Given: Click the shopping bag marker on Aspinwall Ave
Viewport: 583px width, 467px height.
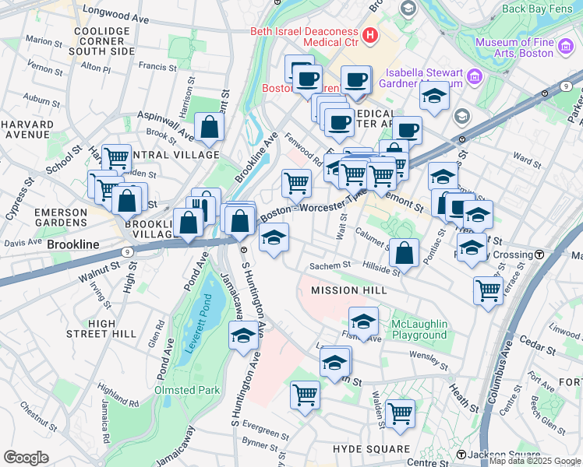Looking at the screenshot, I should pos(209,128).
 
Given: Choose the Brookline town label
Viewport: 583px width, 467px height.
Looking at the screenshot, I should pos(73,244).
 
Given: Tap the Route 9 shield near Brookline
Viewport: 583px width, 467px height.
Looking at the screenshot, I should pos(125,252).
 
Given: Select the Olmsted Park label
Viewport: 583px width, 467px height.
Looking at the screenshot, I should pos(186,390).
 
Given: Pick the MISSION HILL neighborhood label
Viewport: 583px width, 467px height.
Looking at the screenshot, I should pos(349,290).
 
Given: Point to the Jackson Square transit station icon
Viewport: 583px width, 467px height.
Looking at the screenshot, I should pos(461,455).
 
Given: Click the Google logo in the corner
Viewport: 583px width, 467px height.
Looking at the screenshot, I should pos(26,458).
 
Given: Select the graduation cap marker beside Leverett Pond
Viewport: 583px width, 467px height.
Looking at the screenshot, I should pos(243,336).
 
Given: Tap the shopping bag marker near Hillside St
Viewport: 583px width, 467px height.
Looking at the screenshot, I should pos(404,252).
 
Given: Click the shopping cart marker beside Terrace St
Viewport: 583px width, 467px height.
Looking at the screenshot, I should pos(488,291).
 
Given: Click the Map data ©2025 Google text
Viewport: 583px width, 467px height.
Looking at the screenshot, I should pos(535,461).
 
